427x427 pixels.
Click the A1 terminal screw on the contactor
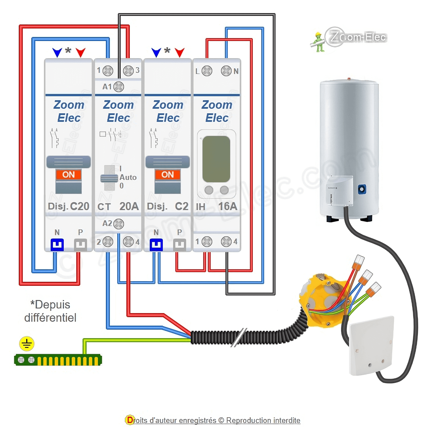118,87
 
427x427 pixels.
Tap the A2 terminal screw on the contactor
118,224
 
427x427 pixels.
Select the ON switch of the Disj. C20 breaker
69,175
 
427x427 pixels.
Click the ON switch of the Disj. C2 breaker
168,175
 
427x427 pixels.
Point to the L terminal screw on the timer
207,71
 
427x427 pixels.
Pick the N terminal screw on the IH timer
226,71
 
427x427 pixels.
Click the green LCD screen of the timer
216,159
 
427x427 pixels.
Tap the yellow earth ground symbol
27,344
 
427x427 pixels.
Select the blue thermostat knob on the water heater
362,189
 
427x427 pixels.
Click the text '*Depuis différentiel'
50,311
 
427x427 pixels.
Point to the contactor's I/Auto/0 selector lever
109,178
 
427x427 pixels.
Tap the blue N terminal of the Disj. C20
57,245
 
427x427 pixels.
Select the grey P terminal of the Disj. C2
180,245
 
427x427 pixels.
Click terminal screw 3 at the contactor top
128,71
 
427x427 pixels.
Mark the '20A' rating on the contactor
129,206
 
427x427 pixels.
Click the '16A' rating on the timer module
228,206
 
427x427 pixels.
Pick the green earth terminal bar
58,360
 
